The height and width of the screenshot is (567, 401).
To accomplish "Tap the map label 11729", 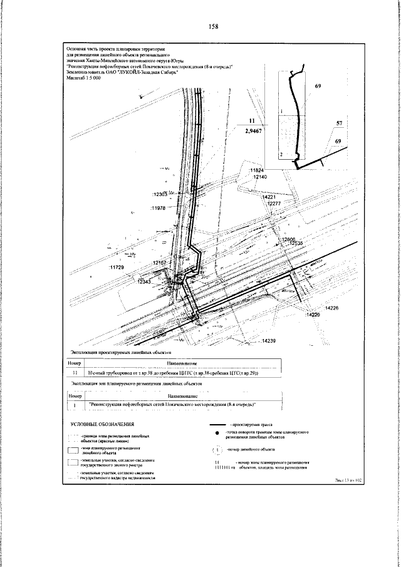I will pos(118,268).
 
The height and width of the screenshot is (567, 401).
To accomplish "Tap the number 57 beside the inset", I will pos(338,123).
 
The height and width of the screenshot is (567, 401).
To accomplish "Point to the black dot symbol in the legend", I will pos(217,434).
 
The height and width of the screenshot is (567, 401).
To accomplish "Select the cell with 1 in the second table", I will pos(75,405).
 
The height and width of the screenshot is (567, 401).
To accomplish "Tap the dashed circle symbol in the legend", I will pos(217,449).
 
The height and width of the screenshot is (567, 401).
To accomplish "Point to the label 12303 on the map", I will pos(162,194).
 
